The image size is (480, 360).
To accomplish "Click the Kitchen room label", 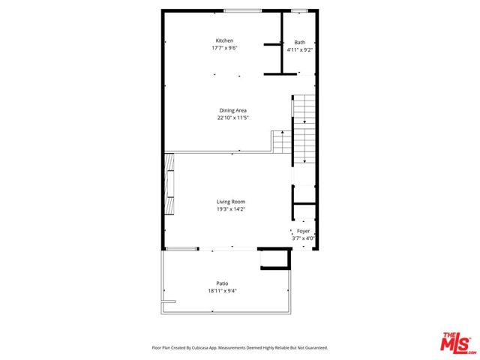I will pos(224,40).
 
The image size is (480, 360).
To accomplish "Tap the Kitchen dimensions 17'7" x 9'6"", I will pos(224,48).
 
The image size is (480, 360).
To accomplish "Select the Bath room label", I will pos(300,43).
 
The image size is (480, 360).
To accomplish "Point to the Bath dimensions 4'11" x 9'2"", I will pos(300,50).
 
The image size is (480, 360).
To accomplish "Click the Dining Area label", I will pos(232,110).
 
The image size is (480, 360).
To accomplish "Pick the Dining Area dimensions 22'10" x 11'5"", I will pos(232,118).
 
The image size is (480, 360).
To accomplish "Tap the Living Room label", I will pos(231,202).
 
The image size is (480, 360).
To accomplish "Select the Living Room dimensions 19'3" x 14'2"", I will pos(231,209).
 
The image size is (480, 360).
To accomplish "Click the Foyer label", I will pos(303,231).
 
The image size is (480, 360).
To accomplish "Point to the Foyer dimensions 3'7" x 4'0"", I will pos(303,238).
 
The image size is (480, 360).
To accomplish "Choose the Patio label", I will pos(223,283).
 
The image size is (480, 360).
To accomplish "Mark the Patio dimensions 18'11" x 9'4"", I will pos(223,290).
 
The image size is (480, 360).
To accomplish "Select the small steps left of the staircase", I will pos(280,141).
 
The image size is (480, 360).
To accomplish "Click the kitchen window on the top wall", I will pos(242,10).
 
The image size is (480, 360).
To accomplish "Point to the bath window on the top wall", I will pos(299,10).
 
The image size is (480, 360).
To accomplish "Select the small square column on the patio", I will pos(273,259).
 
